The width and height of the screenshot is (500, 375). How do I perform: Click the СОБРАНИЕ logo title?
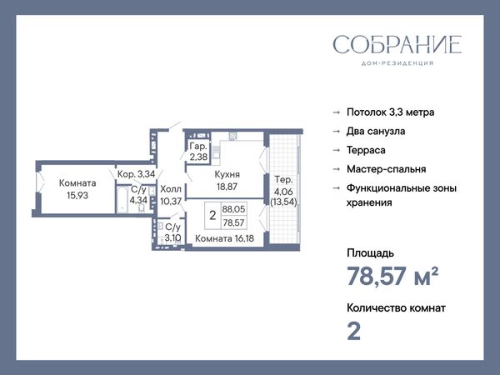click(x=397, y=45)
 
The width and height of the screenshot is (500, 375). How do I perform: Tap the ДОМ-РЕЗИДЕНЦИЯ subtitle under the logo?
click(x=397, y=63)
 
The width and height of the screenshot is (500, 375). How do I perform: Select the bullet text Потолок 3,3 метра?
click(x=390, y=112)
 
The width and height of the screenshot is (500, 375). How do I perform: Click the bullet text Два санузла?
click(x=376, y=132)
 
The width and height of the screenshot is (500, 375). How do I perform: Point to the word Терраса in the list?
click(x=366, y=150)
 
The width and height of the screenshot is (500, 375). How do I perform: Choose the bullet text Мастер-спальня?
click(x=387, y=169)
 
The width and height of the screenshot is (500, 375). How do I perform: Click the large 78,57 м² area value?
click(x=392, y=276)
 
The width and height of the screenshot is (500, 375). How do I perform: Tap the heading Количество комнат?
click(x=396, y=308)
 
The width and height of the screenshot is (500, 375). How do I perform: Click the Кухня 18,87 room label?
click(x=227, y=181)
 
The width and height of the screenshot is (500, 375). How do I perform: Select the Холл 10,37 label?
click(x=171, y=195)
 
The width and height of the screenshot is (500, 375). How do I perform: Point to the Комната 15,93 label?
click(x=77, y=189)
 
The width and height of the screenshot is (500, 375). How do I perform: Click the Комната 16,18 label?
click(x=224, y=238)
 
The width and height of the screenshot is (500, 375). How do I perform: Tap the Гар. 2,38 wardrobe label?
click(x=198, y=152)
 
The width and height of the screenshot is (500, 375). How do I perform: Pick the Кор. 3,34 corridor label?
click(x=136, y=174)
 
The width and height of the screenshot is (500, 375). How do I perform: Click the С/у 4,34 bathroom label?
click(x=138, y=195)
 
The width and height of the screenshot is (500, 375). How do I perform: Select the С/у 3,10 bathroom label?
click(x=172, y=232)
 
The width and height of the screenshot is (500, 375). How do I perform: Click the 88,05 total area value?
click(x=233, y=209)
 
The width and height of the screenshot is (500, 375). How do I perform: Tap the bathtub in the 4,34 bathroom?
click(x=122, y=200)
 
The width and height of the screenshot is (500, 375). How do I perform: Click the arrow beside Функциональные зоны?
click(x=337, y=188)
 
